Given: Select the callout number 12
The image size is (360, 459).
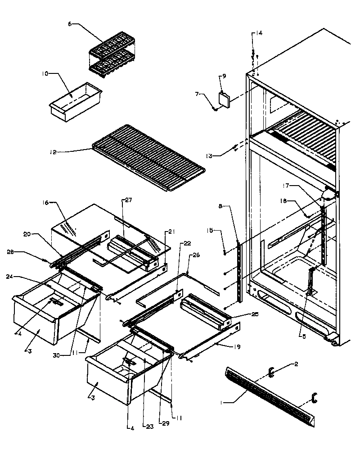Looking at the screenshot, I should (54, 152).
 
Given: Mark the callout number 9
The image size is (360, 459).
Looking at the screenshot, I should (224, 76).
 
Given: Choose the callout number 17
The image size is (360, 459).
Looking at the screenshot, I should (298, 186).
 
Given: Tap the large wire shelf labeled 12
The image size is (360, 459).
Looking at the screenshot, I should (148, 158).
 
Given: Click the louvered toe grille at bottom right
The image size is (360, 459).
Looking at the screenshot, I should (270, 397).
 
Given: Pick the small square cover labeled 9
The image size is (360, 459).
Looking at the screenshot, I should (224, 100).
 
